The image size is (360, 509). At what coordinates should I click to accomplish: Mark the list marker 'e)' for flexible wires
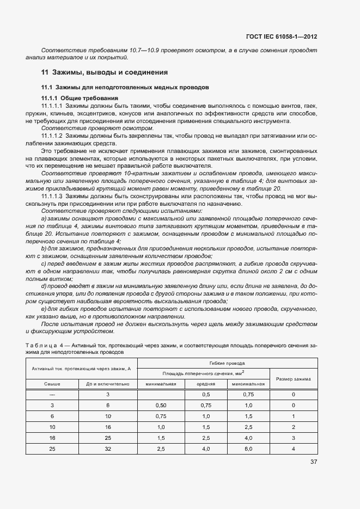tap(44, 308)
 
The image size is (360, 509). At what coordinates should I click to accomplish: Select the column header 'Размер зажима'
tap(293, 378)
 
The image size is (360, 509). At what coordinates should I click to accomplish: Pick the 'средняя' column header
tap(206, 383)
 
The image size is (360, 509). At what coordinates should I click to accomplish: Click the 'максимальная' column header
tap(248, 383)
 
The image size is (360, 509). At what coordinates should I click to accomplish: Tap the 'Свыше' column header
tap(52, 383)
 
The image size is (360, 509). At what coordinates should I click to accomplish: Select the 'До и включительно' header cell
tap(108, 383)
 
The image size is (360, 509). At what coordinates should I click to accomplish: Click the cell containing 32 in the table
tap(108, 449)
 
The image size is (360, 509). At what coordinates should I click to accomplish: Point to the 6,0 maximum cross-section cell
tap(248, 449)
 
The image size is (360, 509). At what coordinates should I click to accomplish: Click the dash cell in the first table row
tap(52, 394)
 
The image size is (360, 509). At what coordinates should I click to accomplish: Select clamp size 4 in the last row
tap(293, 449)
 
